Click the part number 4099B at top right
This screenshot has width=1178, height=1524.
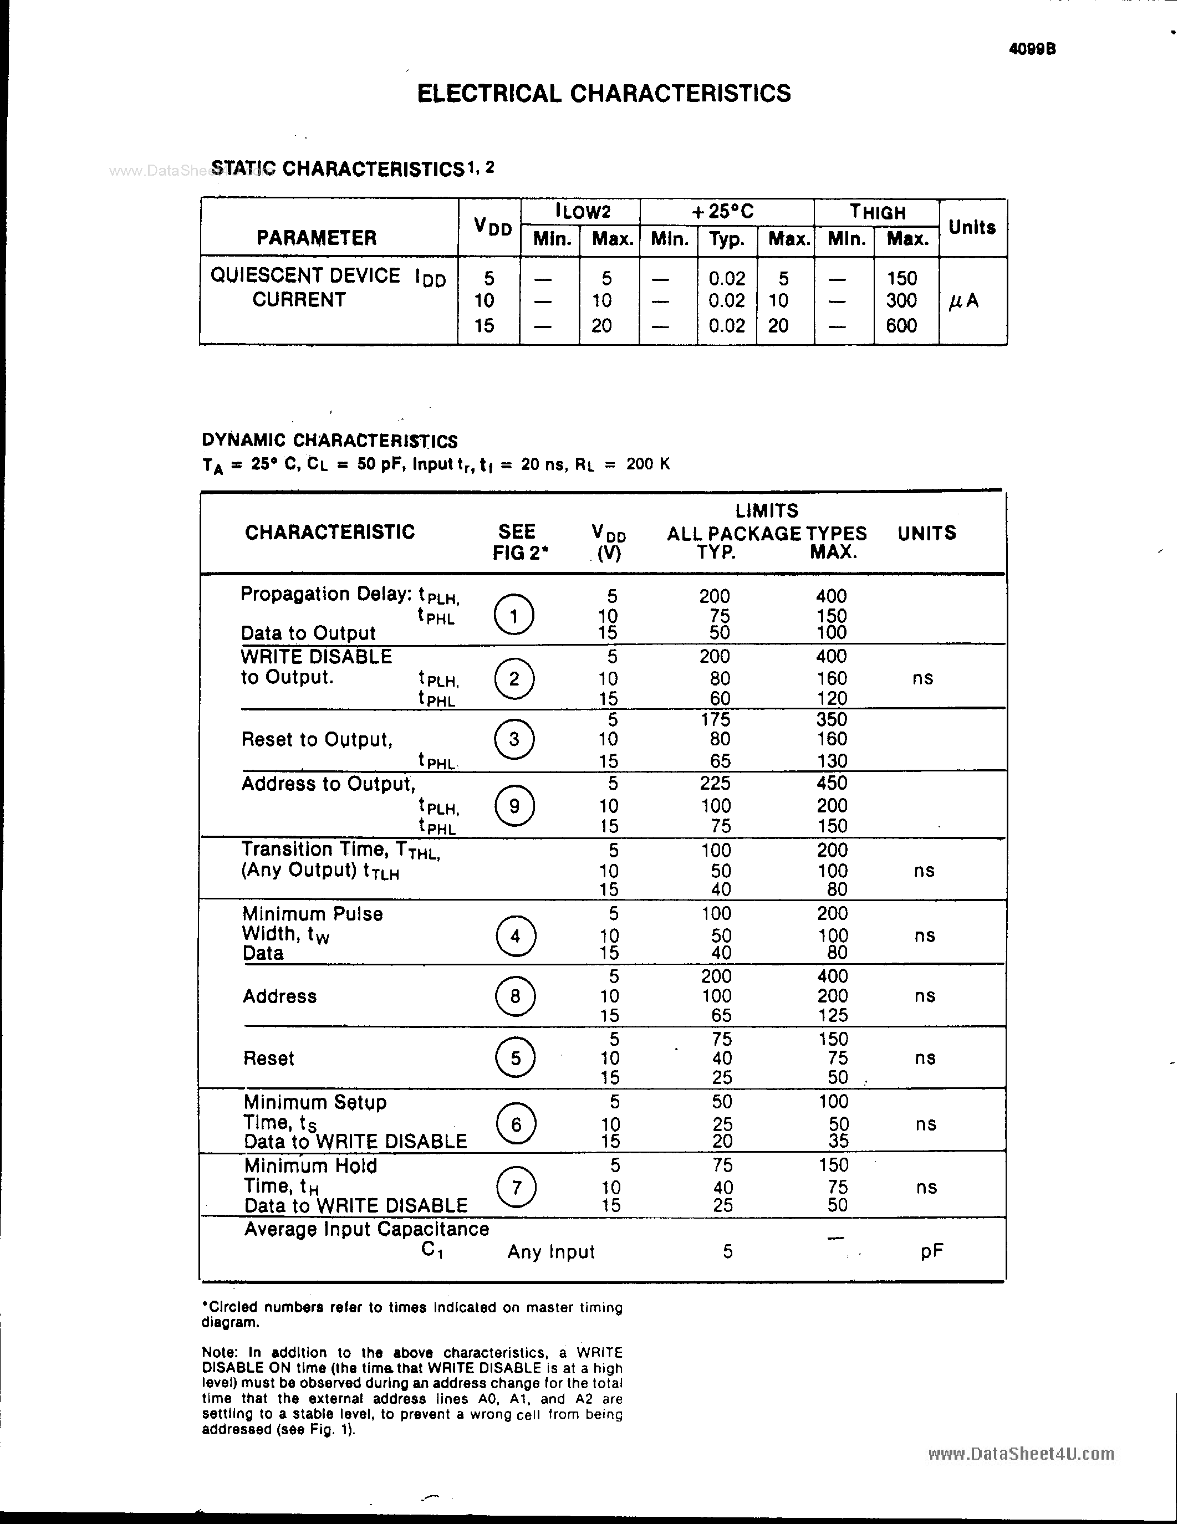(1032, 49)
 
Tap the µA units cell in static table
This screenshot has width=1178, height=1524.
(965, 301)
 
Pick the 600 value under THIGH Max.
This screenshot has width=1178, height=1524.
(901, 325)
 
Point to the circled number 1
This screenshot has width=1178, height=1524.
(514, 615)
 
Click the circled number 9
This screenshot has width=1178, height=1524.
(514, 806)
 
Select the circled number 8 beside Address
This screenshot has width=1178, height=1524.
(515, 996)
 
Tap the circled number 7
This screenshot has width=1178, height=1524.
(516, 1187)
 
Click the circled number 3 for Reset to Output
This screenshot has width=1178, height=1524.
(514, 739)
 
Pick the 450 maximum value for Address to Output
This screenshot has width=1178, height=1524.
(831, 783)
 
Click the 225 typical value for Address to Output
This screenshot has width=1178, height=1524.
(715, 783)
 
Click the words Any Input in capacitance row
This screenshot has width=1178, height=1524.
(550, 1252)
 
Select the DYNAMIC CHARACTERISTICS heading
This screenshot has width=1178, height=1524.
(329, 441)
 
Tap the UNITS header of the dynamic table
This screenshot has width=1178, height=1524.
(926, 533)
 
